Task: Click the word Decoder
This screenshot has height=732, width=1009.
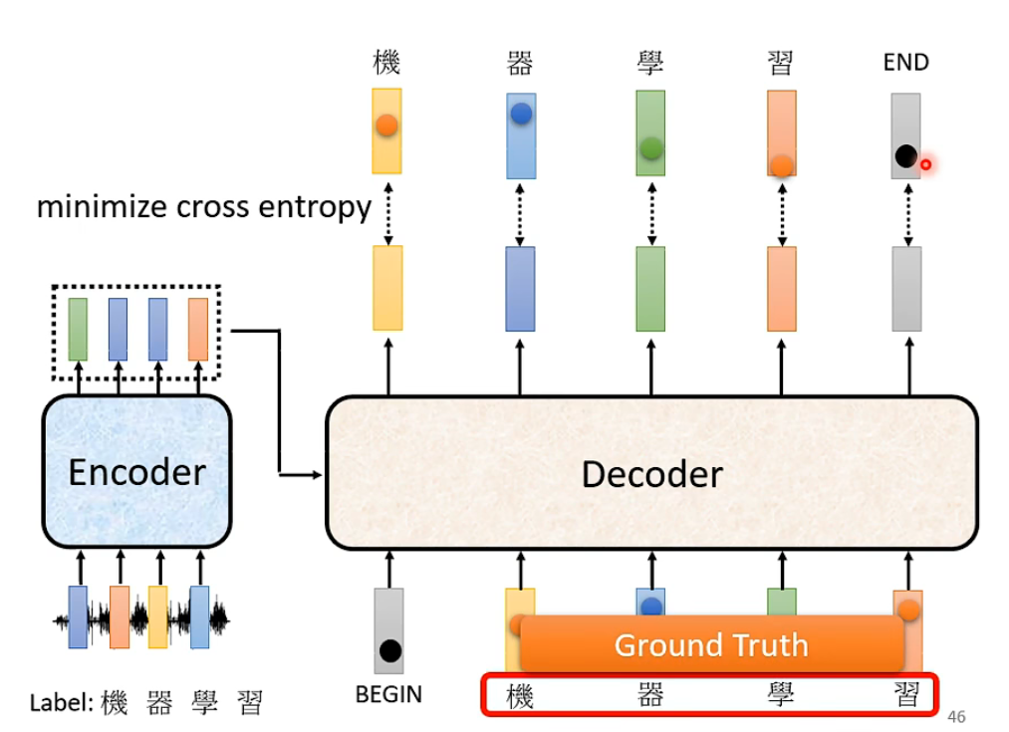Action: click(651, 474)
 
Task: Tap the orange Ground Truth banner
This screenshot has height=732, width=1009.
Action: click(711, 644)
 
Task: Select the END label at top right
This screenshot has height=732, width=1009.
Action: click(905, 63)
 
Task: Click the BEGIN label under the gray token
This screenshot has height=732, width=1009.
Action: click(388, 694)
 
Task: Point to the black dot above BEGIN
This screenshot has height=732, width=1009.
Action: click(389, 651)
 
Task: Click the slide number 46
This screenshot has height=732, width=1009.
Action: click(957, 717)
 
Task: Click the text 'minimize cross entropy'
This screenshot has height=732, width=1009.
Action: click(203, 207)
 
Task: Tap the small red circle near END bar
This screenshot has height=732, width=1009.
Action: click(925, 164)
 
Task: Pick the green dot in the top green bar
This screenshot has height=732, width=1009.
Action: click(650, 148)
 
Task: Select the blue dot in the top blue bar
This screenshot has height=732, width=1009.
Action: click(520, 114)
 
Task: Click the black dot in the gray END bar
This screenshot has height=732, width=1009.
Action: click(905, 156)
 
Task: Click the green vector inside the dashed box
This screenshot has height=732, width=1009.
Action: click(78, 329)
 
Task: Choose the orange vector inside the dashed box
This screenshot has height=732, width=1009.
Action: click(198, 329)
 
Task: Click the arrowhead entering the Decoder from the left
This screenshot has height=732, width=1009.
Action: click(320, 475)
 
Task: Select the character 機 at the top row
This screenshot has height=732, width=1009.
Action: click(386, 63)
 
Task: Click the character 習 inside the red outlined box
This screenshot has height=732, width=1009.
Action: click(906, 695)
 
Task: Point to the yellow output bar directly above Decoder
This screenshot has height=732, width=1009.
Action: click(387, 288)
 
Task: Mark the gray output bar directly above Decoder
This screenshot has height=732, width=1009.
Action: click(906, 288)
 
